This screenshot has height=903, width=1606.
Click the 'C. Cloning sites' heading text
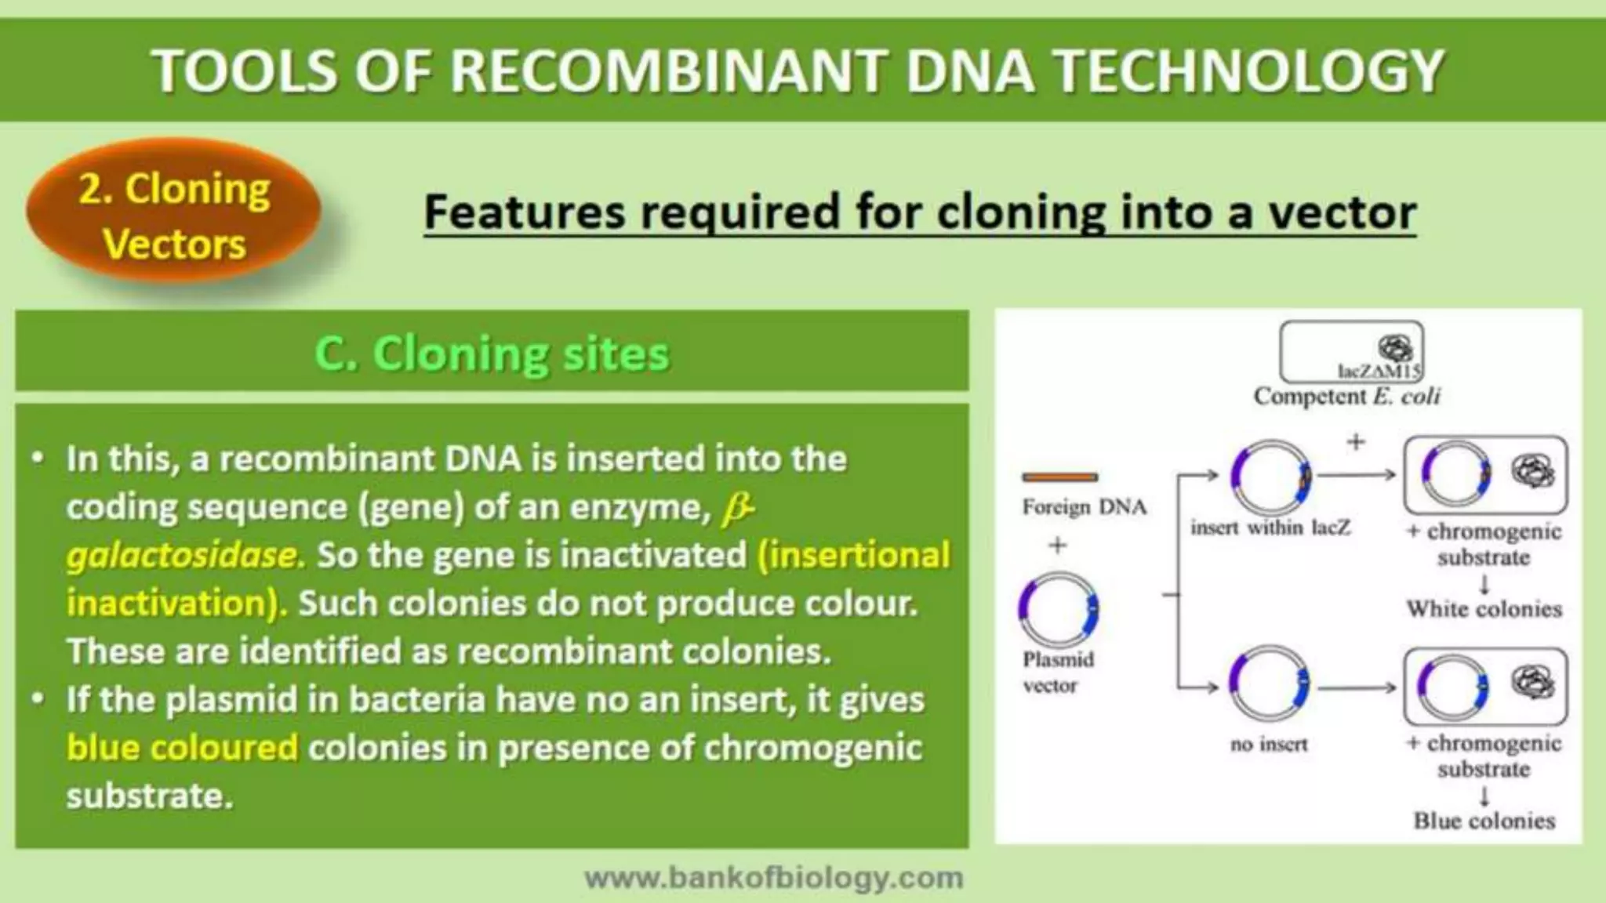(492, 354)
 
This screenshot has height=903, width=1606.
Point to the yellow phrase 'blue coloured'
(182, 748)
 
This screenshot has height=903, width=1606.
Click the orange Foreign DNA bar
(1059, 477)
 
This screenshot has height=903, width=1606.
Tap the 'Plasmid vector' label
(1058, 673)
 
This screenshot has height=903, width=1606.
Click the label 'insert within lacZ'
(1270, 528)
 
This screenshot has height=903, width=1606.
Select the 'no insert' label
(1269, 744)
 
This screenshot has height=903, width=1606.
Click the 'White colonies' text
(1484, 609)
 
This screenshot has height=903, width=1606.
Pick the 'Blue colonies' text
(1484, 821)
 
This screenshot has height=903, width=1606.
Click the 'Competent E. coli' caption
(1346, 397)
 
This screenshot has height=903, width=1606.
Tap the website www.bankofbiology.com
(774, 878)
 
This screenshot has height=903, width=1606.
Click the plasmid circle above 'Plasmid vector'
(1059, 610)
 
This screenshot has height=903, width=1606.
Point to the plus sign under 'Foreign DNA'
(1058, 544)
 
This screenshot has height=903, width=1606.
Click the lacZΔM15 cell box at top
(1351, 352)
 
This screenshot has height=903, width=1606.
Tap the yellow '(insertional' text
(854, 556)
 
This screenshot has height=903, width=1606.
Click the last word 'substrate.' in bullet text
(150, 796)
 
